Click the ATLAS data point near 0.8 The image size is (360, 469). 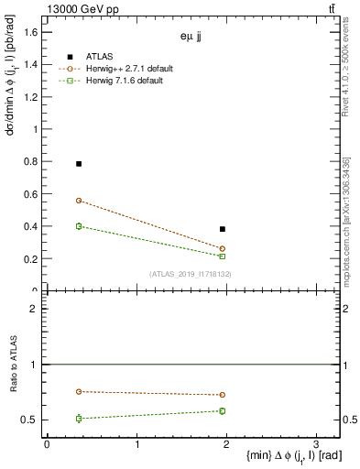point(79,164)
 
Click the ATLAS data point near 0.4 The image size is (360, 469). point(223,229)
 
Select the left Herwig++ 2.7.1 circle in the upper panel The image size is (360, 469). point(79,201)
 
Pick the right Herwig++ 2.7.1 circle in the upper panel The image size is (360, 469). point(223,249)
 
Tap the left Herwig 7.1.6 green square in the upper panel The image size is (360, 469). point(79,226)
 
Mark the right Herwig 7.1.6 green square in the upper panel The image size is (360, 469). point(223,256)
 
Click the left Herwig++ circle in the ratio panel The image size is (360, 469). point(79,392)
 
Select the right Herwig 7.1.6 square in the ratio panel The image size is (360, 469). point(223,410)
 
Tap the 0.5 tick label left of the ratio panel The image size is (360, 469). point(27,420)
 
